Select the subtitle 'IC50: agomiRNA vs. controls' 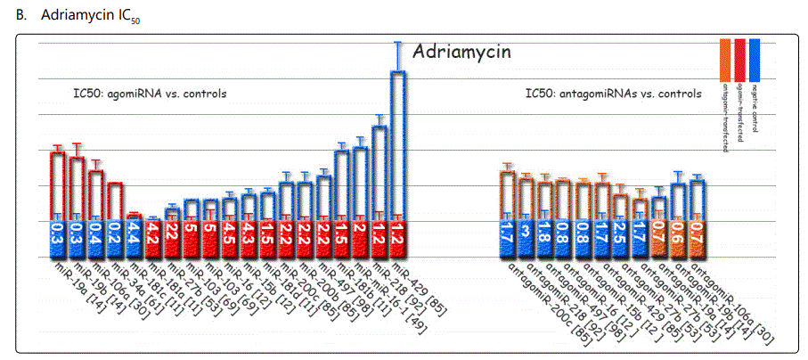click(150, 93)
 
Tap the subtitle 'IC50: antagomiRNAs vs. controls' click(613, 93)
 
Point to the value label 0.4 click(95, 237)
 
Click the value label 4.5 click(230, 237)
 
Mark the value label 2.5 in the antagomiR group click(620, 237)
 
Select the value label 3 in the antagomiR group click(526, 237)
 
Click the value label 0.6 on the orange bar click(678, 237)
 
